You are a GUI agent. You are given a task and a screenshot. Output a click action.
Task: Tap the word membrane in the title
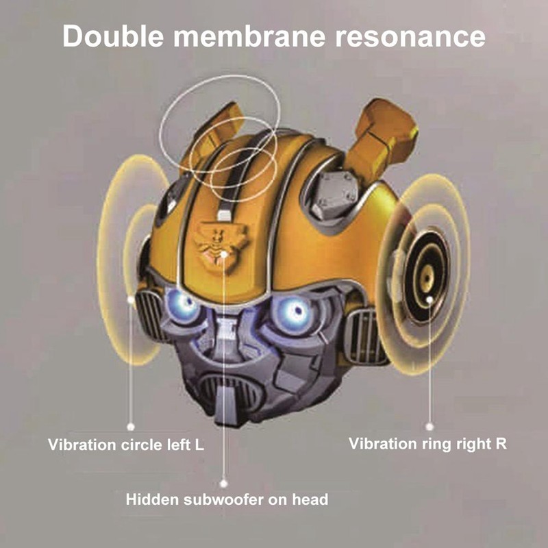[x=249, y=36]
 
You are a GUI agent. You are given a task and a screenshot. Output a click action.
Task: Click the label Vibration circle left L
[x=126, y=445]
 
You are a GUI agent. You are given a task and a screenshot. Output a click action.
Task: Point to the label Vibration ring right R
[x=427, y=444]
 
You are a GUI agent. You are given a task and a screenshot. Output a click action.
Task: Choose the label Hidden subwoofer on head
[x=227, y=499]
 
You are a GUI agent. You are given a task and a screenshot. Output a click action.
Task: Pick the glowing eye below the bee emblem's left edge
[x=182, y=305]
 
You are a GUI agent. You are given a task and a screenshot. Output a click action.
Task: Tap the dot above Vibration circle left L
[x=131, y=426]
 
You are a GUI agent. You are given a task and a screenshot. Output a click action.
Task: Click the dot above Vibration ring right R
[x=429, y=426]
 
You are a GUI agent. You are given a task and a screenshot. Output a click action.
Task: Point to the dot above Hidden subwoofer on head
[x=224, y=484]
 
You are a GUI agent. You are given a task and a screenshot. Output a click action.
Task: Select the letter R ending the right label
[x=501, y=443]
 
